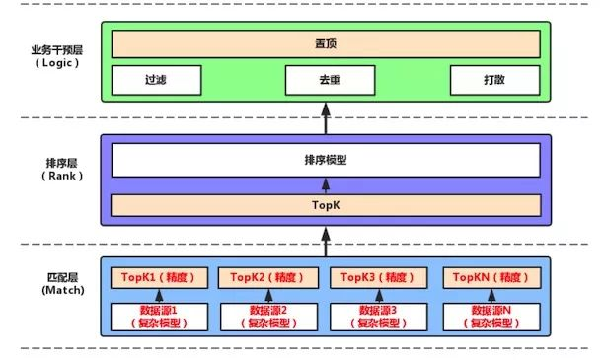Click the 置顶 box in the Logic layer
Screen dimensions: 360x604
point(325,44)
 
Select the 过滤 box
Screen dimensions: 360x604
point(155,80)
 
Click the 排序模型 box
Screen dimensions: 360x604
point(325,160)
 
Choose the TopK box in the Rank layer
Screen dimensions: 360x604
point(325,205)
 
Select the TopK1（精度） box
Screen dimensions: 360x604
point(156,277)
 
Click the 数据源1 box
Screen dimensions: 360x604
point(156,316)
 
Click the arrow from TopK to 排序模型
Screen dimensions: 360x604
point(325,184)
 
